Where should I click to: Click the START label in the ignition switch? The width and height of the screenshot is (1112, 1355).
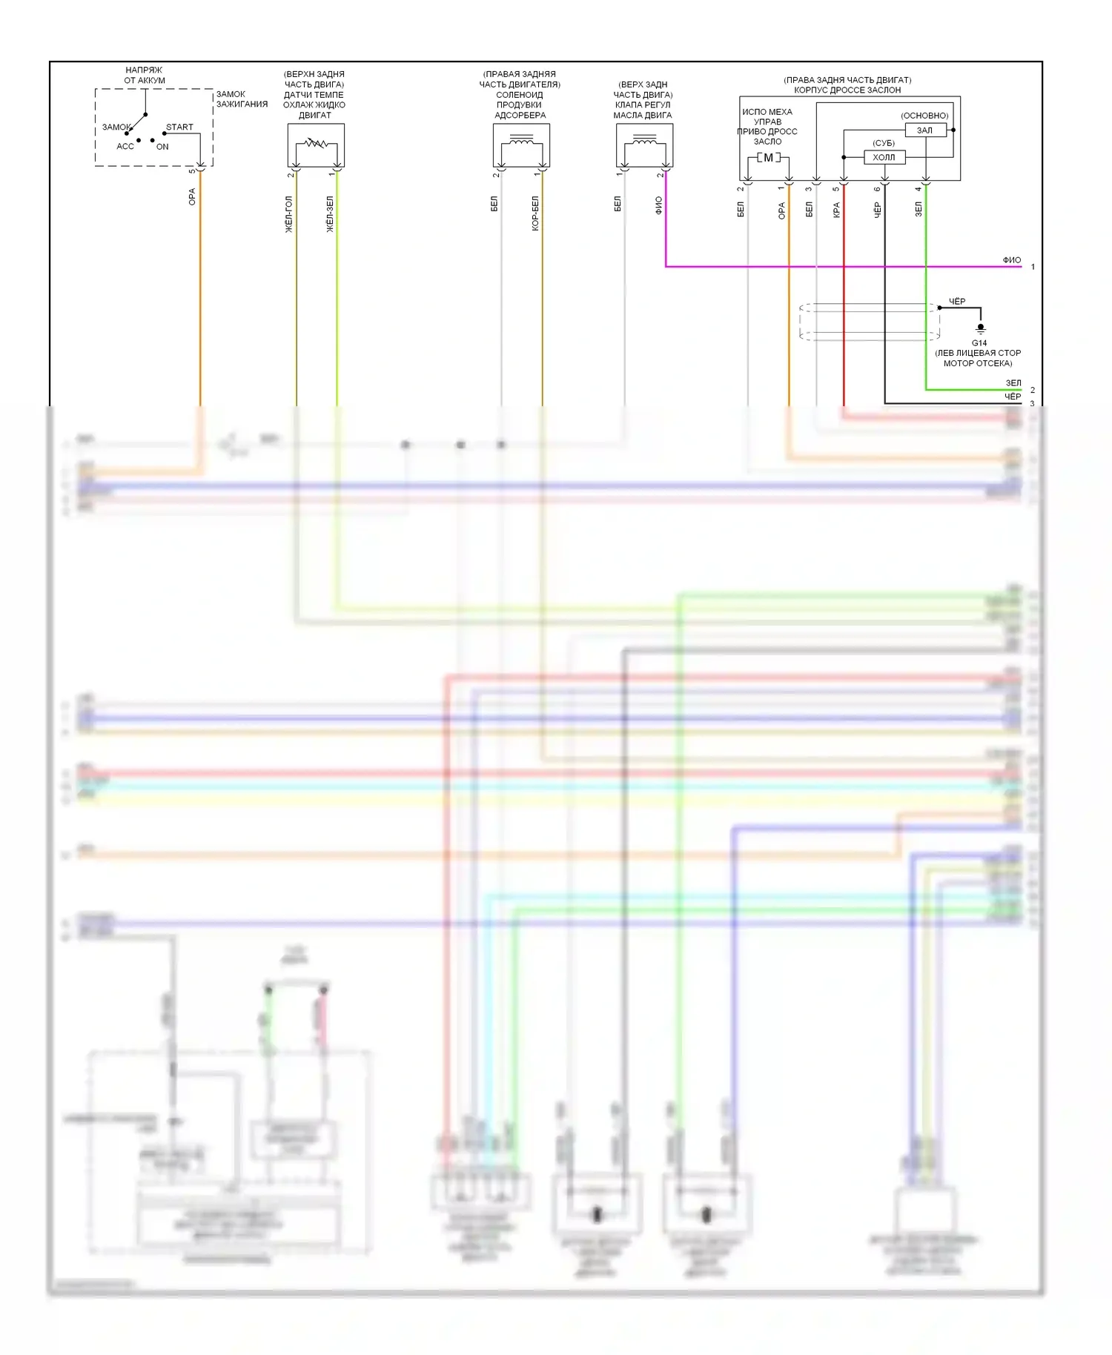click(179, 127)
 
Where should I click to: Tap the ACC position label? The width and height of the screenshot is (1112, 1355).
click(125, 146)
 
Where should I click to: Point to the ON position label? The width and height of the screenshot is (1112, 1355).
click(162, 147)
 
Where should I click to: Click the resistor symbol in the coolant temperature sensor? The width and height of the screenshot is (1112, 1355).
click(316, 143)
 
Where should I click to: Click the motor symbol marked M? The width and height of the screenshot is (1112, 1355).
click(768, 158)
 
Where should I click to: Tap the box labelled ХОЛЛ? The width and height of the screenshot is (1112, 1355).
click(884, 157)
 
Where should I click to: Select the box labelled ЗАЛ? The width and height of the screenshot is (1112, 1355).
click(925, 130)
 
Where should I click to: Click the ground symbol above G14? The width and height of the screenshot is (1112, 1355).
click(980, 328)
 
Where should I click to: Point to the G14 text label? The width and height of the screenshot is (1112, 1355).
click(979, 343)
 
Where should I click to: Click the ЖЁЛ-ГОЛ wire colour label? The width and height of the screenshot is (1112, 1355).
click(289, 214)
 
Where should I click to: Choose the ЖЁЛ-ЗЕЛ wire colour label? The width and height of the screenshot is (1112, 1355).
click(330, 214)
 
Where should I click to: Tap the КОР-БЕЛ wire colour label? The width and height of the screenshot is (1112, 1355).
click(535, 213)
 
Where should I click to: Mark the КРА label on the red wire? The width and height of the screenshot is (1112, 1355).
click(836, 210)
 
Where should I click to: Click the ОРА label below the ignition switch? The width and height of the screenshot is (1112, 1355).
click(192, 196)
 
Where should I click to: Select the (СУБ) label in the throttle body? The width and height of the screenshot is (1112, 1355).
click(884, 143)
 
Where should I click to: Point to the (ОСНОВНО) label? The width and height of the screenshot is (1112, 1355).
click(924, 116)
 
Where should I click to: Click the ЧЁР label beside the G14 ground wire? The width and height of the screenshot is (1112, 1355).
click(957, 302)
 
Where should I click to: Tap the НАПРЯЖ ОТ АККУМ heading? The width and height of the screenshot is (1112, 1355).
click(145, 75)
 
